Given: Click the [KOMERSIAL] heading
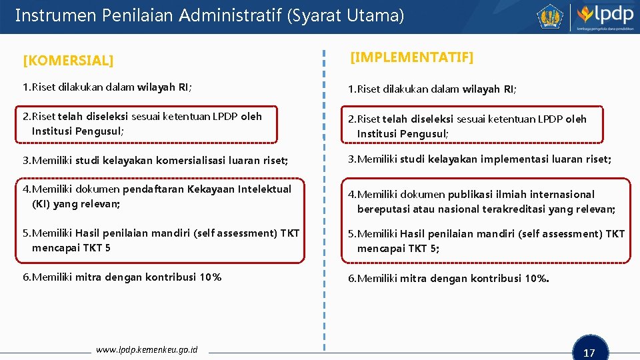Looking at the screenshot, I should click(68, 61).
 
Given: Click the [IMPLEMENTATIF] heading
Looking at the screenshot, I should click(411, 57).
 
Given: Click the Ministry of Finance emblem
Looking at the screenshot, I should click(551, 17).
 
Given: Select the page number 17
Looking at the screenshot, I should click(589, 353).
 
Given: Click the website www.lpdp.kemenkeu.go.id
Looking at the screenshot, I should click(147, 349).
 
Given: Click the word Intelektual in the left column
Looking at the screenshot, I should click(259, 189).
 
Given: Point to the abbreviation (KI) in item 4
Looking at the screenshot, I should click(41, 204).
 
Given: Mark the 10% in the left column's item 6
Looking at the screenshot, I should click(211, 277).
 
